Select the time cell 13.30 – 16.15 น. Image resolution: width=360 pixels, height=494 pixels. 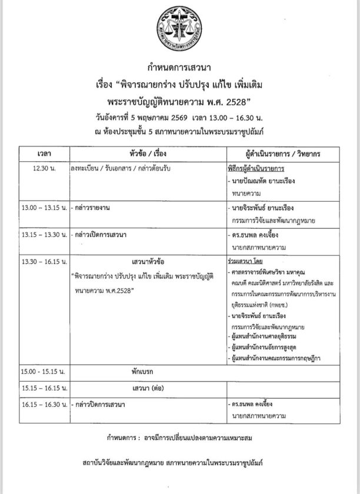coord(44,260)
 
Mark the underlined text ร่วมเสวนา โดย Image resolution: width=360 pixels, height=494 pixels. coord(245,259)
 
